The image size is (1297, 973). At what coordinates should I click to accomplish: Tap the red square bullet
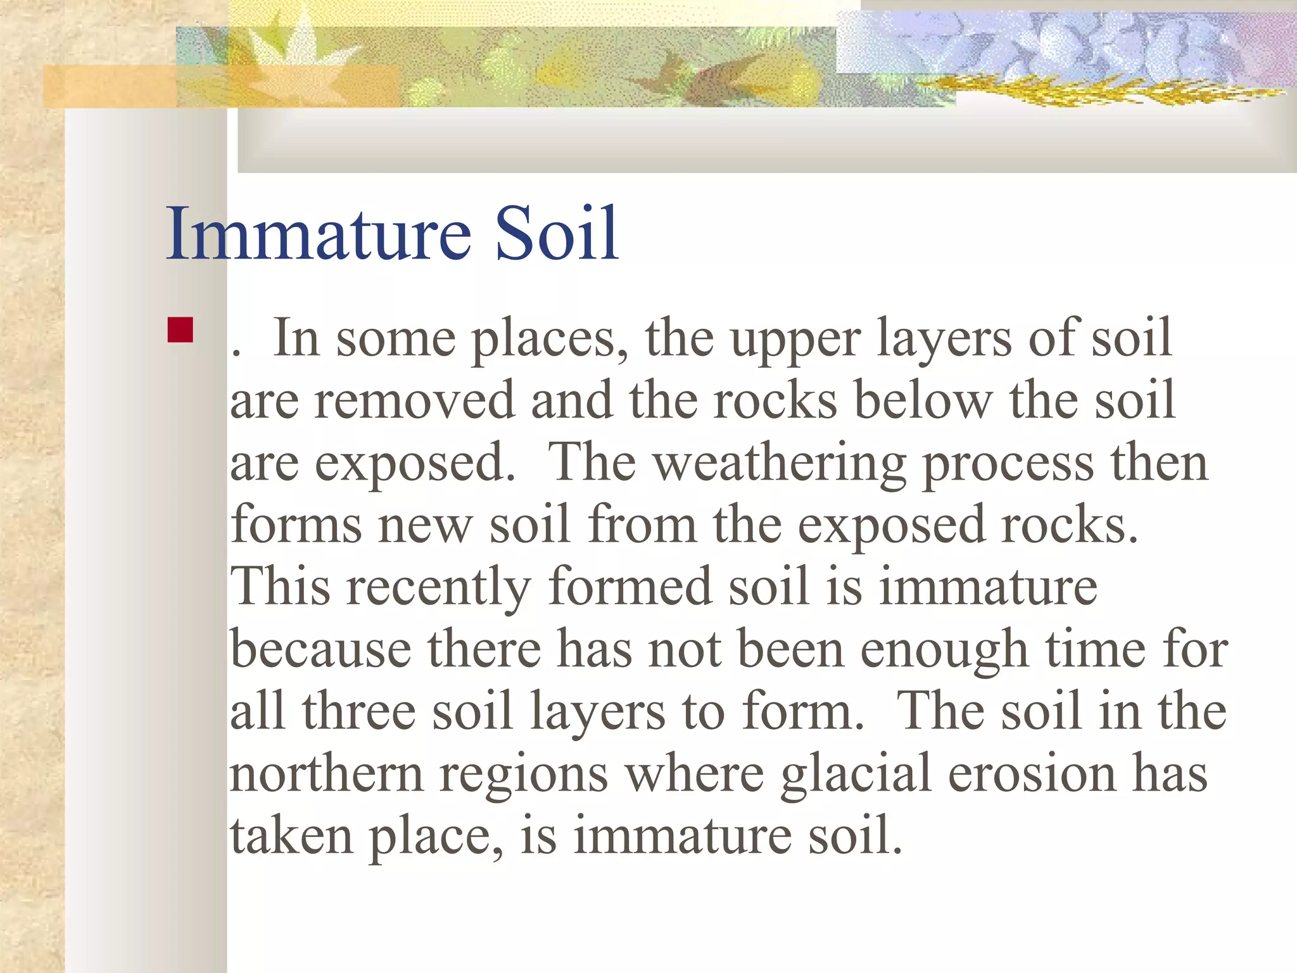tap(180, 330)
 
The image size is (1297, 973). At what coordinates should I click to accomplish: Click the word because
tap(320, 650)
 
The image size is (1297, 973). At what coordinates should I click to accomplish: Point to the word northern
tap(326, 774)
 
